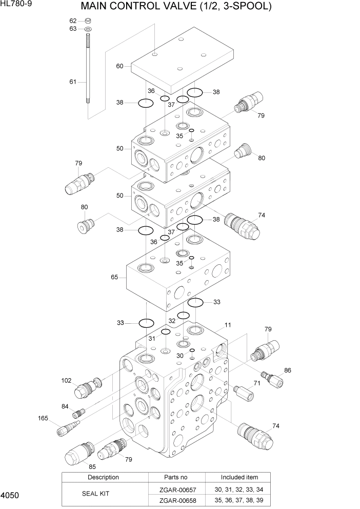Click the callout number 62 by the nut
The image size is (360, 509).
[x=73, y=21]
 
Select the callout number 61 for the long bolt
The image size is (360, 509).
[x=73, y=82]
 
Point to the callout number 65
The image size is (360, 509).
[x=114, y=277]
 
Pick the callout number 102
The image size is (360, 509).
[x=66, y=380]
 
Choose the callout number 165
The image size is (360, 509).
[x=43, y=418]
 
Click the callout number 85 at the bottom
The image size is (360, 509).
[x=92, y=466]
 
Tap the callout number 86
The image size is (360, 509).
[x=288, y=370]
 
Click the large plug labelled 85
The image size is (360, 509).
[x=77, y=451]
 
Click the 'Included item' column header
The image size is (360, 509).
[x=239, y=477]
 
